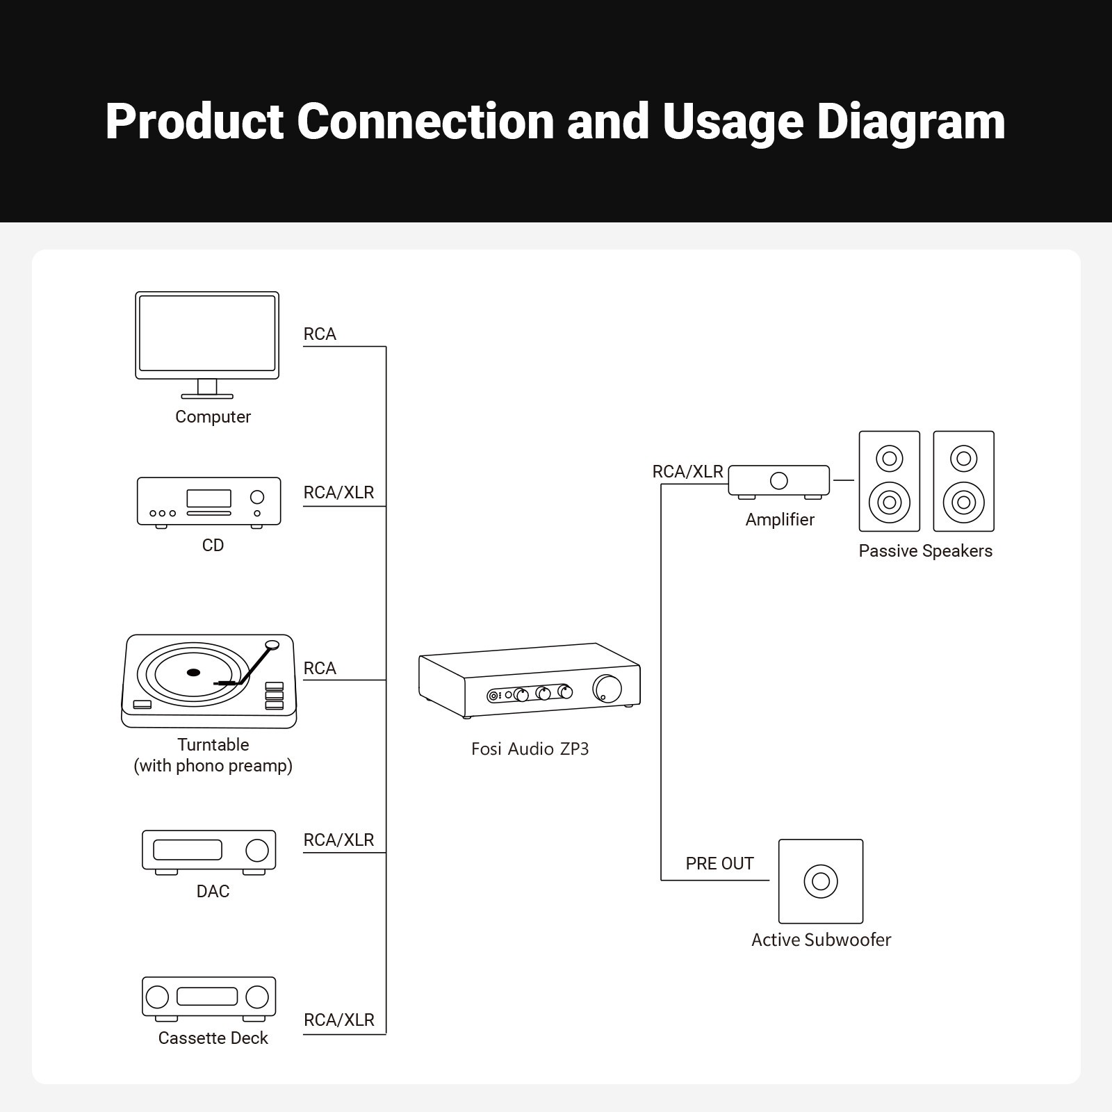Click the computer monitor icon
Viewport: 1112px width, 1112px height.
(207, 345)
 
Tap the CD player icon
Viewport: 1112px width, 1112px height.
(209, 502)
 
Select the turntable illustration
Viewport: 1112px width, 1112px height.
(209, 681)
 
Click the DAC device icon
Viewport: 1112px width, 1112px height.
(209, 852)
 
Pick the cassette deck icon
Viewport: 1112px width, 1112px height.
(209, 999)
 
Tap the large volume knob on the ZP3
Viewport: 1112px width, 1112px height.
(607, 688)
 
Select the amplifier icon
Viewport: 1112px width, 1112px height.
(779, 482)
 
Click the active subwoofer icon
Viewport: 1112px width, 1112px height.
(821, 881)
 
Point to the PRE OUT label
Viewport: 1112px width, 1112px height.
(719, 864)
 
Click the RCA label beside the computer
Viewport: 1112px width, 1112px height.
(320, 334)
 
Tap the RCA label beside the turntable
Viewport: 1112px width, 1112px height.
(320, 669)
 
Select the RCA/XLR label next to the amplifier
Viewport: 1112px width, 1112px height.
(687, 472)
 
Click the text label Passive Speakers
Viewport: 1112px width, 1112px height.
(925, 551)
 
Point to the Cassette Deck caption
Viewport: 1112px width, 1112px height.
(213, 1038)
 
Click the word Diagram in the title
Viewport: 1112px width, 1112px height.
(911, 122)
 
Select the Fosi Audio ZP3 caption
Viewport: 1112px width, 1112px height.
(530, 749)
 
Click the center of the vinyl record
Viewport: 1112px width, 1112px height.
(193, 672)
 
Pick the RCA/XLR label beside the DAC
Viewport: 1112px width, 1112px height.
(338, 840)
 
